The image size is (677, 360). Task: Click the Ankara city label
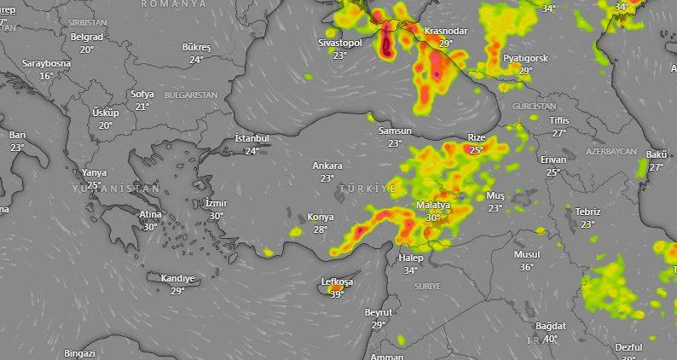[327, 165]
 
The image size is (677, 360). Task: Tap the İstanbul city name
[252, 138]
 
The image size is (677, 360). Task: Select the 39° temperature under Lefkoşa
[337, 294]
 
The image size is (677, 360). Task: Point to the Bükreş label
[196, 47]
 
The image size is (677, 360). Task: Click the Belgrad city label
[87, 38]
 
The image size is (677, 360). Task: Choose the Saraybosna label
[46, 64]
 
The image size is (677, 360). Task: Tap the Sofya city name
[142, 94]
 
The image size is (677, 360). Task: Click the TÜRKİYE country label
[367, 188]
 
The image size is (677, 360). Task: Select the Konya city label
[321, 217]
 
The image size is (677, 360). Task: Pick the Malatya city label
[433, 206]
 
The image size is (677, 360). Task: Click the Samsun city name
[395, 131]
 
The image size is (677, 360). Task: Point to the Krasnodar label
[445, 31]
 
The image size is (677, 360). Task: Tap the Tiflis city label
[559, 120]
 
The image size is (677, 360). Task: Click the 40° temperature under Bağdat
[551, 339]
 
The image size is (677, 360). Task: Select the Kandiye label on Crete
[177, 278]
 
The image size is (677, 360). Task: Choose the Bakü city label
[657, 154]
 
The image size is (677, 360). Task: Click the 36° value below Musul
[527, 267]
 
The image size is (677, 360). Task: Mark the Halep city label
[411, 258]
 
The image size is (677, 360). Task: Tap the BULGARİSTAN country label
[191, 95]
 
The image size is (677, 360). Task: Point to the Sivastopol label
[340, 43]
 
